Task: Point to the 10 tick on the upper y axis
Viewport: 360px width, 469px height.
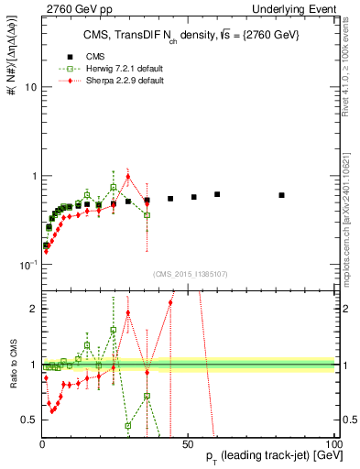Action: pos(29,87)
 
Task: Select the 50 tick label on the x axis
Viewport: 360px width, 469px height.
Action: pos(188,442)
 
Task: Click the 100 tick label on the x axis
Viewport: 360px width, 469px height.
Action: pos(333,442)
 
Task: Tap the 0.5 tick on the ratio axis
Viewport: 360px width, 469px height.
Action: pos(28,420)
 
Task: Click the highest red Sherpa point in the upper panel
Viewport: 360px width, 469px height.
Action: pos(128,177)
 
